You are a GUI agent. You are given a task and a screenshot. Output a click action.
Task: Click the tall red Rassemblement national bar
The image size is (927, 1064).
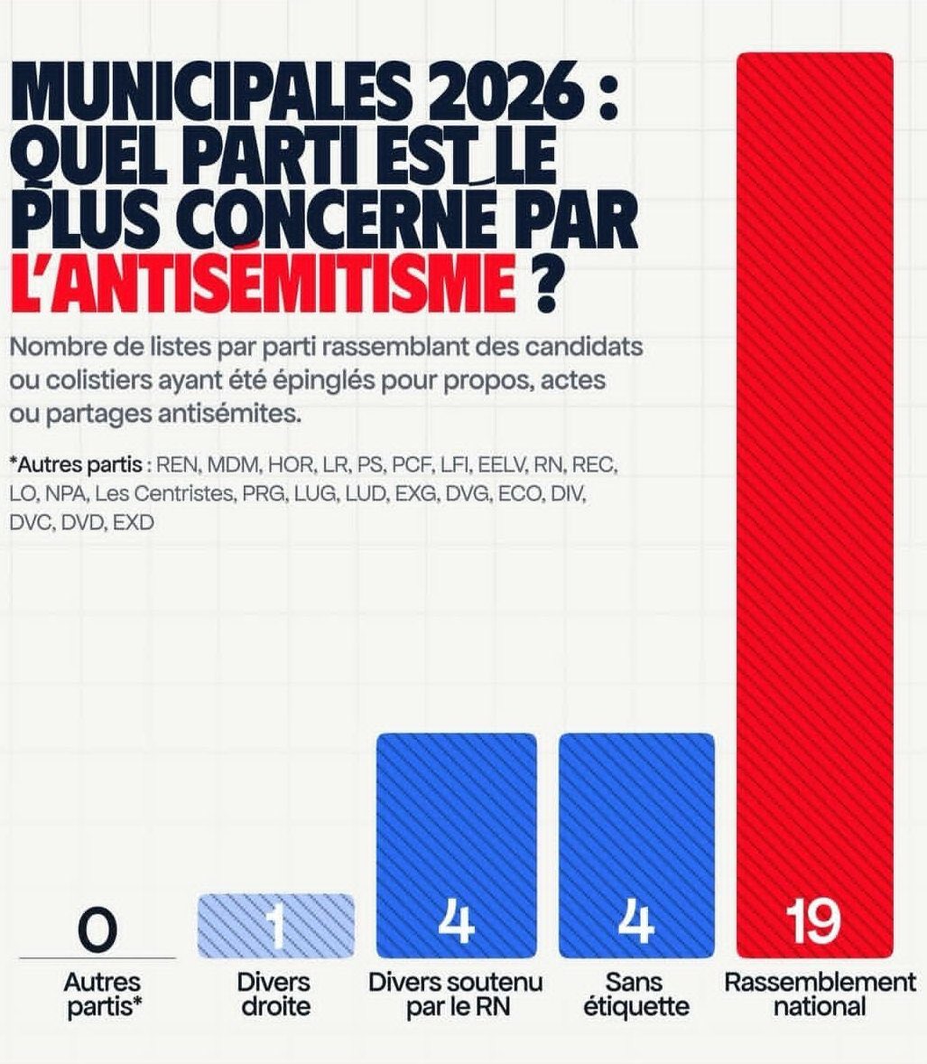tap(814, 452)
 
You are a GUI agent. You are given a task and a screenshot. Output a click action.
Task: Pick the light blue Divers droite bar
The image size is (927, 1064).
tap(275, 926)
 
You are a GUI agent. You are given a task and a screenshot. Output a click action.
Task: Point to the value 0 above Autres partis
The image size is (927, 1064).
tap(97, 929)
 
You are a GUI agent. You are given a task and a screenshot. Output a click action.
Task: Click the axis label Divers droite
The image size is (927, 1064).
tap(274, 994)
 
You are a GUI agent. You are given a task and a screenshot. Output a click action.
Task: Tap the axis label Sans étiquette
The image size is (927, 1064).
tap(635, 994)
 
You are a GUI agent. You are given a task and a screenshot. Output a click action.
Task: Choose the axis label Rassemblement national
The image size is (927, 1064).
tap(819, 994)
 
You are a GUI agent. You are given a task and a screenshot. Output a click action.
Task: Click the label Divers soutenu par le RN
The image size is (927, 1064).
tap(456, 994)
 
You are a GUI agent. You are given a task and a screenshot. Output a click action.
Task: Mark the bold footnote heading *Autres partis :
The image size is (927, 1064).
tap(79, 466)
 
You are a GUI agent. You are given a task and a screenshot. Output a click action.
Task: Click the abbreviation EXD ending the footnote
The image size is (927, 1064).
tap(134, 522)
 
